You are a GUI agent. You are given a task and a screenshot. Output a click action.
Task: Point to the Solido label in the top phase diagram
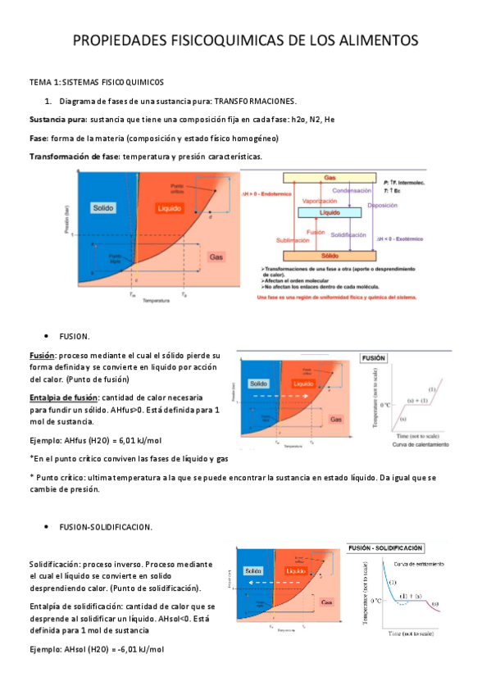tap(103, 207)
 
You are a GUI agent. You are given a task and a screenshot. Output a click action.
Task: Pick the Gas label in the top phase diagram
tap(216, 257)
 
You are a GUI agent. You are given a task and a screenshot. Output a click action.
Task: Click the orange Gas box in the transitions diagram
tap(330, 178)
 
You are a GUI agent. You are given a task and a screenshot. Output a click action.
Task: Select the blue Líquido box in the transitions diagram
tap(330, 212)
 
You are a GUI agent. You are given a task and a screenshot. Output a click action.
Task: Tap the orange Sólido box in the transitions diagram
tap(330, 256)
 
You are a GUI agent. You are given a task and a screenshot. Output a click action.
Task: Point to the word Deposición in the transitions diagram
tap(382, 206)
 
